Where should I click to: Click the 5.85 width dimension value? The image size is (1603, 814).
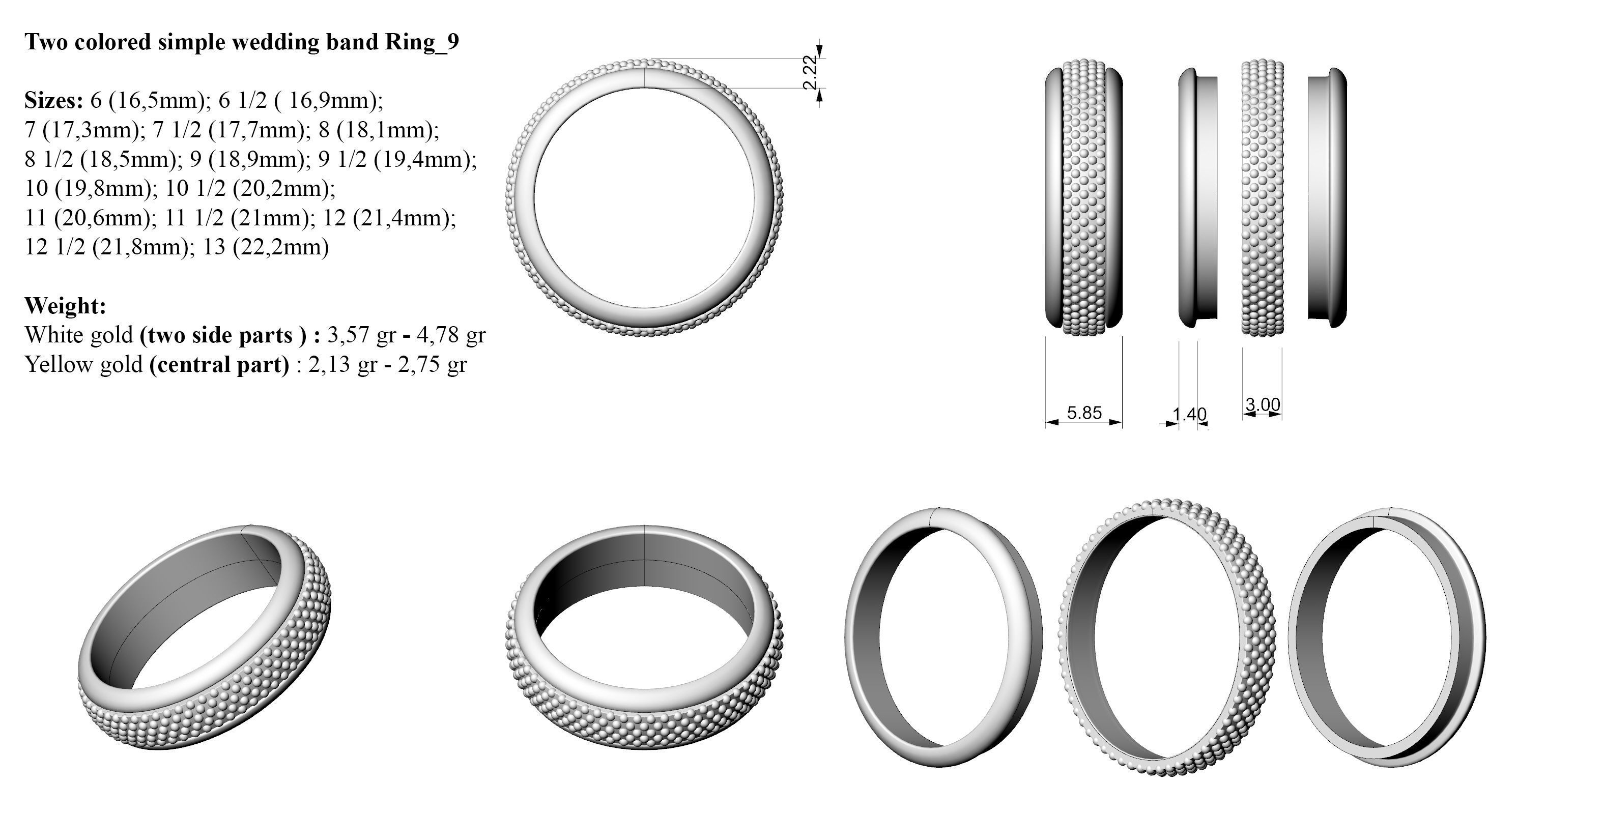point(1083,413)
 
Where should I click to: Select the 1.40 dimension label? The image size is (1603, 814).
point(1189,414)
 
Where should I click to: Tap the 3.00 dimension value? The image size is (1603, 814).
point(1262,405)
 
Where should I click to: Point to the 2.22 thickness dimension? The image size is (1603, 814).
point(810,73)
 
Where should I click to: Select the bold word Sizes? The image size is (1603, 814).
point(53,100)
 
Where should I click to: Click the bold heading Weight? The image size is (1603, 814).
point(65,306)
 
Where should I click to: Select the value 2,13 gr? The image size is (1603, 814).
point(342,364)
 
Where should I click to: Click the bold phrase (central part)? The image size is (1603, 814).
point(219,364)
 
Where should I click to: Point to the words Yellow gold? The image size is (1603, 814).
point(83,364)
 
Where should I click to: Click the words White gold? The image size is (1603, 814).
point(79,335)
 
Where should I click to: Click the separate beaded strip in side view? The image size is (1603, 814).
point(1262,197)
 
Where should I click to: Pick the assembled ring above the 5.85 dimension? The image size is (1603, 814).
point(1083,197)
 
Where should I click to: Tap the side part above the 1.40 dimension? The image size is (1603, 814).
point(1197,197)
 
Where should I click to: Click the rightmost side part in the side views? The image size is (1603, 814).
point(1327,197)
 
